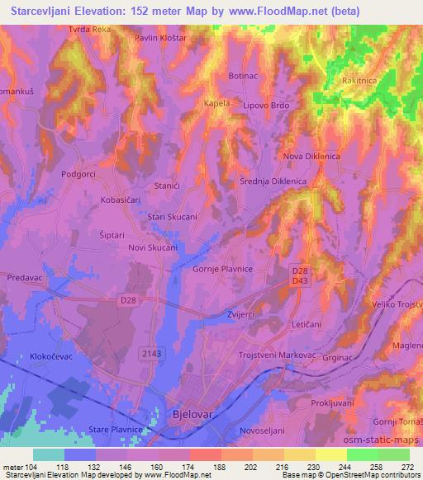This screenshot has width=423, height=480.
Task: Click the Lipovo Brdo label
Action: point(264,106)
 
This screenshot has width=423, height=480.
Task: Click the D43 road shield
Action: point(300,282)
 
